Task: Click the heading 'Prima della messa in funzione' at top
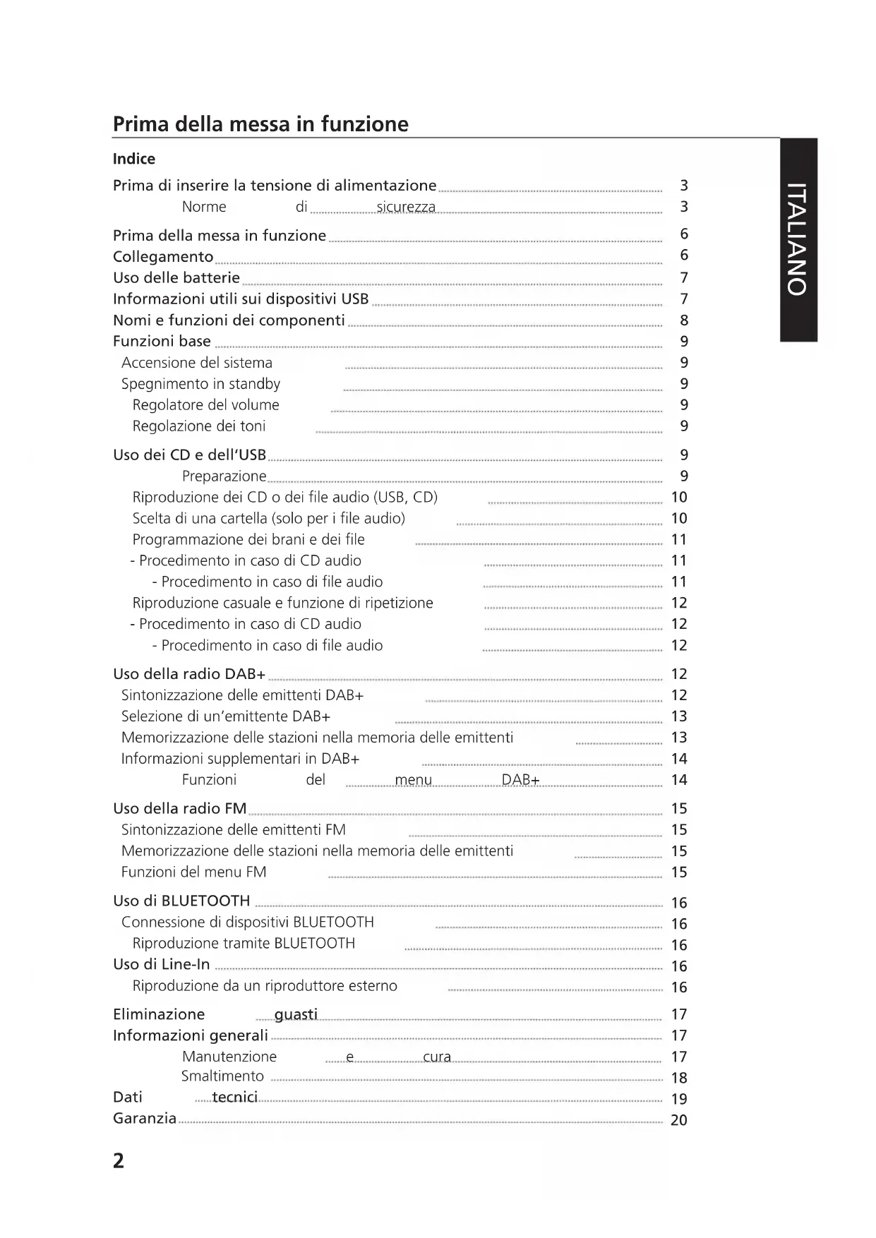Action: click(260, 124)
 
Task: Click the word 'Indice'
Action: click(134, 159)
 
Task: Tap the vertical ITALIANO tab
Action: click(798, 239)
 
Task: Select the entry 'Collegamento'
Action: click(163, 257)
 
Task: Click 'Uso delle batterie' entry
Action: click(176, 278)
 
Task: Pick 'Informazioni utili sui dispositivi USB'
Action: click(241, 299)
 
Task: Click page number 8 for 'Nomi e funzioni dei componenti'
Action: click(683, 320)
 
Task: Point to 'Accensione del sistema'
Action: click(197, 363)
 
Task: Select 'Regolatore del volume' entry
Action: click(206, 405)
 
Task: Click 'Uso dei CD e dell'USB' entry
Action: click(189, 455)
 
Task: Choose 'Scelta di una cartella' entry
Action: click(269, 519)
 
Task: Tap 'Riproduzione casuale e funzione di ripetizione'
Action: click(283, 603)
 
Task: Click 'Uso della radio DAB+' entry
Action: click(189, 675)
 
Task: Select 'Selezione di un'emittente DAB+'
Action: click(226, 717)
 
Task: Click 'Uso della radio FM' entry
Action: click(180, 809)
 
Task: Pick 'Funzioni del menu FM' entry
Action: click(194, 872)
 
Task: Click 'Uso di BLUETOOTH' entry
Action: click(181, 901)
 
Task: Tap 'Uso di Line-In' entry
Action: click(162, 965)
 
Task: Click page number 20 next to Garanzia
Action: click(678, 1120)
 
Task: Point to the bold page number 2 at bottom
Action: click(119, 1161)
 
